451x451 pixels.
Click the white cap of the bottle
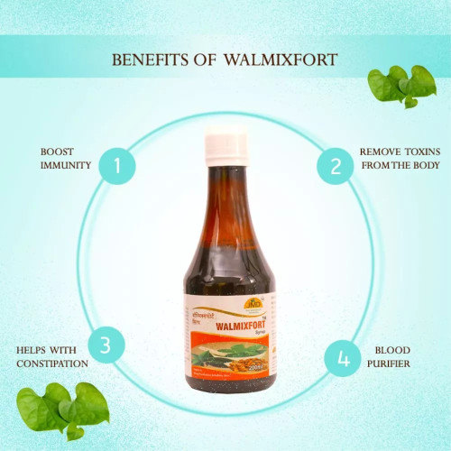point(225,143)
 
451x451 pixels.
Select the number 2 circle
point(335,166)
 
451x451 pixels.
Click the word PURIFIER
point(390,364)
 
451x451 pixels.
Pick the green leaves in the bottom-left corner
point(61,411)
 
